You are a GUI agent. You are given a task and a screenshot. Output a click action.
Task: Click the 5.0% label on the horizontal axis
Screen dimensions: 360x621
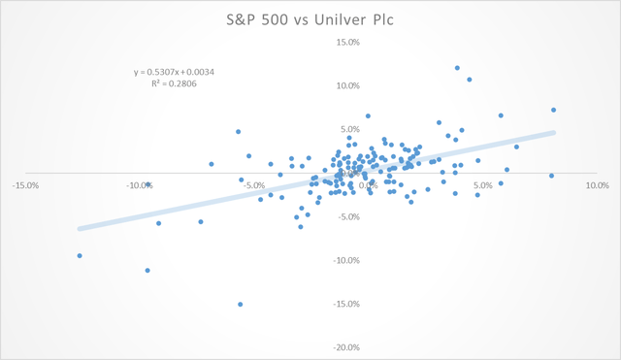tap(483, 184)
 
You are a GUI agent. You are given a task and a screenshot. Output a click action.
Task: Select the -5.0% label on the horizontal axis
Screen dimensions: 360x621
tap(254, 184)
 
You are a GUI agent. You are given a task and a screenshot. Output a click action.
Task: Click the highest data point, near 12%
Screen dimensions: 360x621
tap(457, 68)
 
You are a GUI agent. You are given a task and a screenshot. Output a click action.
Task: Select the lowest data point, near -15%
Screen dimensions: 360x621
tap(240, 304)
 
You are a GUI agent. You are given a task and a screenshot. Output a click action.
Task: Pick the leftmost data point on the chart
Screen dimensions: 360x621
tap(80, 255)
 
